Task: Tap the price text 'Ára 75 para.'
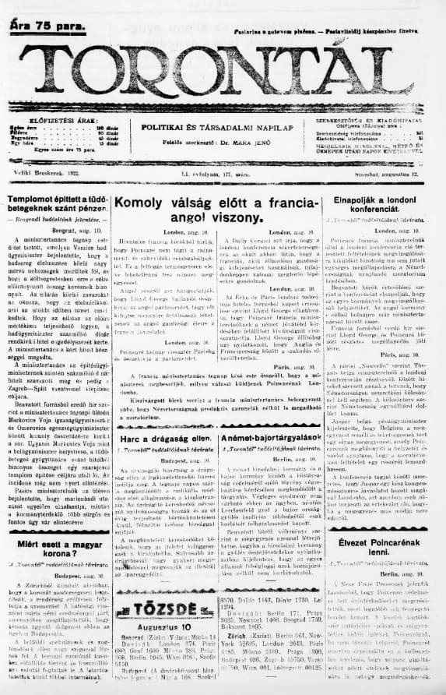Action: point(45,25)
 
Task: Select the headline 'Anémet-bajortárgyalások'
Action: point(269,440)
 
